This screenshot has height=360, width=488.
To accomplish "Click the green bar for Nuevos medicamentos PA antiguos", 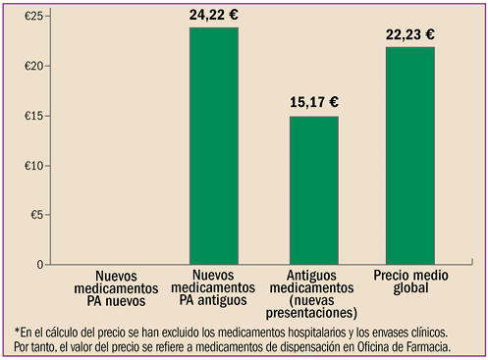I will pyautogui.click(x=213, y=146).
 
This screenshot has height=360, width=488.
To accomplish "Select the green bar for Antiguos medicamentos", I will pyautogui.click(x=312, y=190).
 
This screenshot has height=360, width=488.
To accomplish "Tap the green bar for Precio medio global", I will pyautogui.click(x=410, y=156).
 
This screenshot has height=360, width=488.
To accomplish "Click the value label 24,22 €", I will pyautogui.click(x=213, y=15).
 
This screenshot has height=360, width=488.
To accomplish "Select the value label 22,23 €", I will pyautogui.click(x=410, y=34).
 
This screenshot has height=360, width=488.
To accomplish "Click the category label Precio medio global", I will pyautogui.click(x=410, y=284).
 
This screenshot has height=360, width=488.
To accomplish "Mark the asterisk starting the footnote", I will pyautogui.click(x=17, y=332).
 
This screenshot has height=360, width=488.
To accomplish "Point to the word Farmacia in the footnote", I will pyautogui.click(x=428, y=347).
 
